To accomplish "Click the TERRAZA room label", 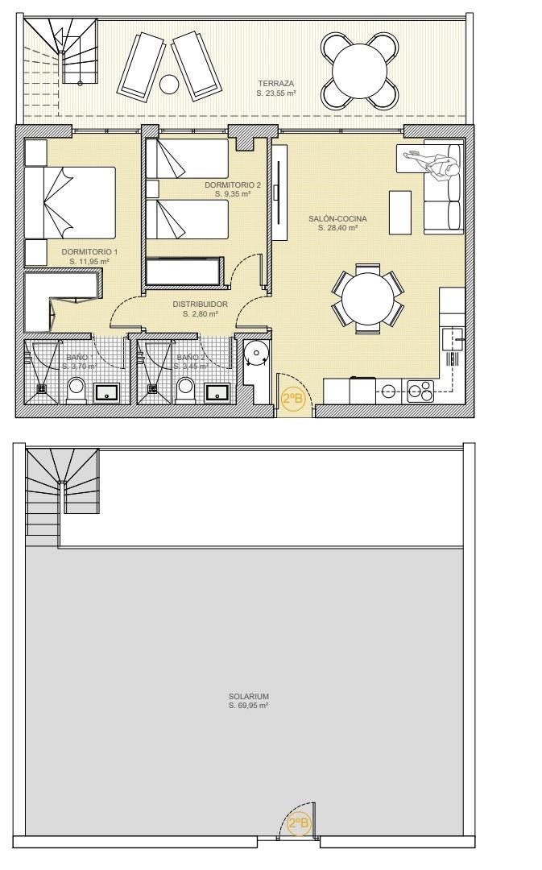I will tap(275, 83).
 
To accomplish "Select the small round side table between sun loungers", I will tap(169, 84).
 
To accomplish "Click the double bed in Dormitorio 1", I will tap(71, 202).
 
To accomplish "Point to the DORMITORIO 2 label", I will tap(233, 184).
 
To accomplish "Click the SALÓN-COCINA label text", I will tap(337, 218).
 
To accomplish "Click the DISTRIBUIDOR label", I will tap(201, 304).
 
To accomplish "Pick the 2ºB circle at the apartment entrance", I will tap(292, 399).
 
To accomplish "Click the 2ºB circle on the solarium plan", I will tap(298, 823).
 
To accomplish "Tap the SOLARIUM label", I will tap(248, 696).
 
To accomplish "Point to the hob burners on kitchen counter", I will tap(420, 391).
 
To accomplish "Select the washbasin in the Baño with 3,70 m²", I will tap(107, 392).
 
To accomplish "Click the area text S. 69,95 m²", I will tap(248, 706).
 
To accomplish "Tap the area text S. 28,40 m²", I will tap(337, 228).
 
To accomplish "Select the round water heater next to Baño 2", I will tap(257, 352).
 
